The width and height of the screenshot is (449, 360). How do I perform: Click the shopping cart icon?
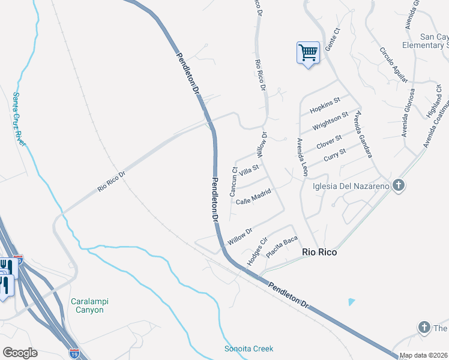tap(308, 53)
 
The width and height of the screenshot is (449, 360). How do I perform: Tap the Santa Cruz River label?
tap(19, 118)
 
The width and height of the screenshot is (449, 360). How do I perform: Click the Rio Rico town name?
tap(318, 253)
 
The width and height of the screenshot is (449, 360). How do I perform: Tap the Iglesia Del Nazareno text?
tap(351, 185)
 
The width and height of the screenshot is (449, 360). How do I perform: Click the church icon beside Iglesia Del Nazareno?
tap(397, 185)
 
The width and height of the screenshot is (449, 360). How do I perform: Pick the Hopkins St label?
tap(325, 105)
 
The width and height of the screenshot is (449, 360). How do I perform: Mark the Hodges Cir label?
tap(256, 252)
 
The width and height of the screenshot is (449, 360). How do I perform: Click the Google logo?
tap(20, 353)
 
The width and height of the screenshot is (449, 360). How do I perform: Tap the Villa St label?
tap(248, 171)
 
